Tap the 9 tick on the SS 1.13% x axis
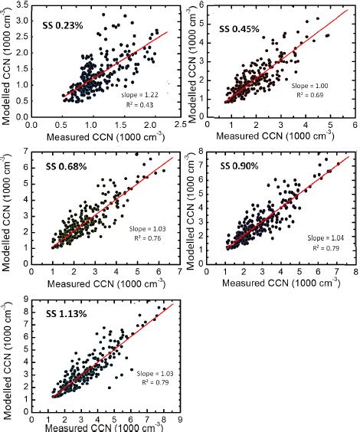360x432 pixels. [x=179, y=420]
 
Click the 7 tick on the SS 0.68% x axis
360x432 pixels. [x=179, y=271]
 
